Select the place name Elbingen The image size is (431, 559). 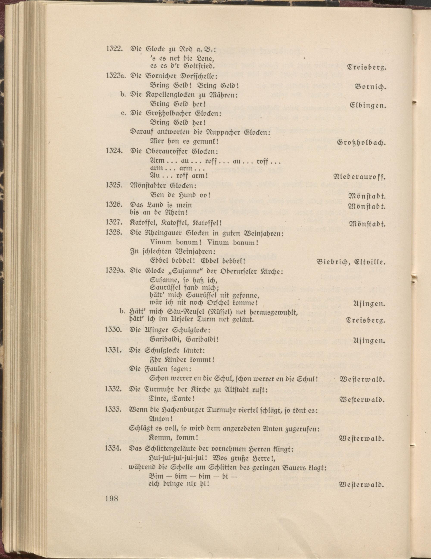tap(368, 106)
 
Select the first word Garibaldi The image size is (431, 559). tap(165, 340)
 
